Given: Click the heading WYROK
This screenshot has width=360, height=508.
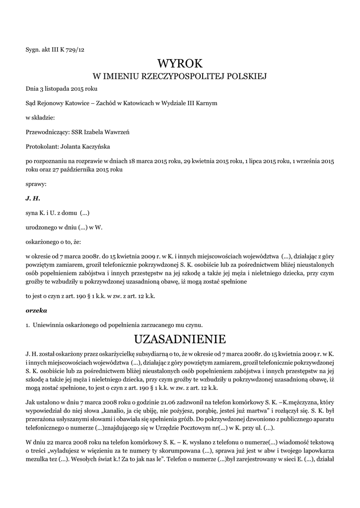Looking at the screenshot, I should pyautogui.click(x=180, y=63).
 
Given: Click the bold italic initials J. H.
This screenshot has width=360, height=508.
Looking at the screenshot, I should pyautogui.click(x=32, y=198).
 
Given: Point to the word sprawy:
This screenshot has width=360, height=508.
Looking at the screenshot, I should pyautogui.click(x=36, y=184).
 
